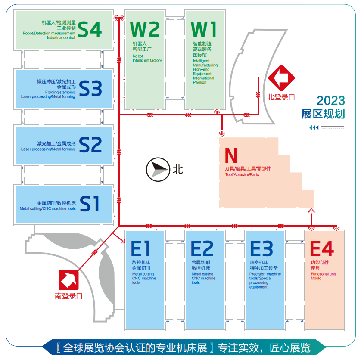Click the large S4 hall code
pyautogui.click(x=90, y=29)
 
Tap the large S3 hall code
pyautogui.click(x=90, y=89)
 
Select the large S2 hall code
pyautogui.click(x=90, y=145)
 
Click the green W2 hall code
pyautogui.click(x=145, y=30)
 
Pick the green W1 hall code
pyautogui.click(x=204, y=30)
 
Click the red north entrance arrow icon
pyautogui.click(x=281, y=78)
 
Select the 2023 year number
pyautogui.click(x=331, y=101)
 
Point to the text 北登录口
pyautogui.click(x=281, y=97)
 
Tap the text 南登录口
pyautogui.click(x=68, y=296)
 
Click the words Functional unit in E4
pyautogui.click(x=323, y=274)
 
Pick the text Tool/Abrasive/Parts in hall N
pyautogui.click(x=242, y=174)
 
